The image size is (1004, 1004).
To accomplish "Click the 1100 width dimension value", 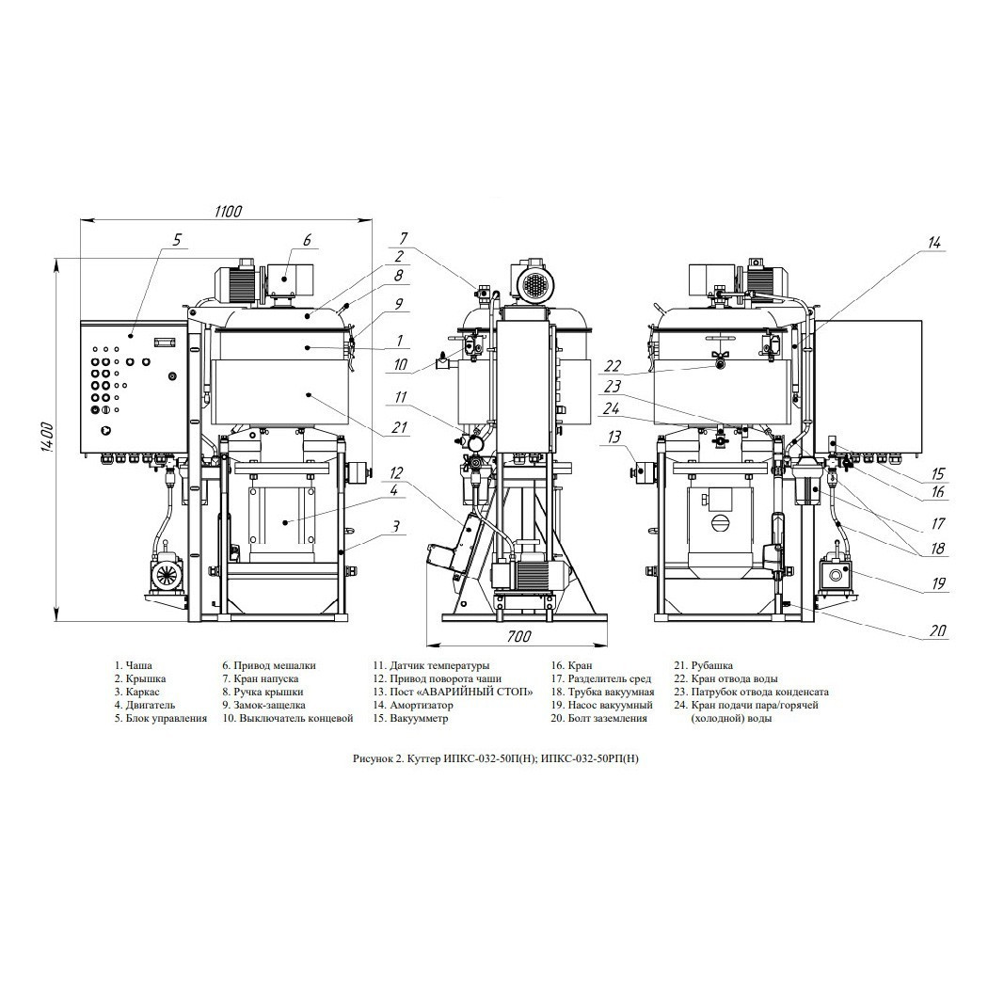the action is coord(229,211).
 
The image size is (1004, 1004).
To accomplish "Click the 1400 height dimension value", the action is coord(45,438).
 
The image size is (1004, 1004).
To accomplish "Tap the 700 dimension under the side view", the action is coord(518,636).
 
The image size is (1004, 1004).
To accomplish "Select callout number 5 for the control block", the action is coord(177,240).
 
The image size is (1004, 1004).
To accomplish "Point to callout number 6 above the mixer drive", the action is coord(307,240).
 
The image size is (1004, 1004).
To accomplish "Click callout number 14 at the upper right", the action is coord(934,243).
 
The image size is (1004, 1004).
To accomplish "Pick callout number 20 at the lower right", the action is coord(937,630).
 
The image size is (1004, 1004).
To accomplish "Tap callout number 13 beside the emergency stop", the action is coord(614,438).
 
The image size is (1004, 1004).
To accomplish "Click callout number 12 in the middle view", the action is coord(396,473).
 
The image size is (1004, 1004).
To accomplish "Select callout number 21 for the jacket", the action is coord(399,427).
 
